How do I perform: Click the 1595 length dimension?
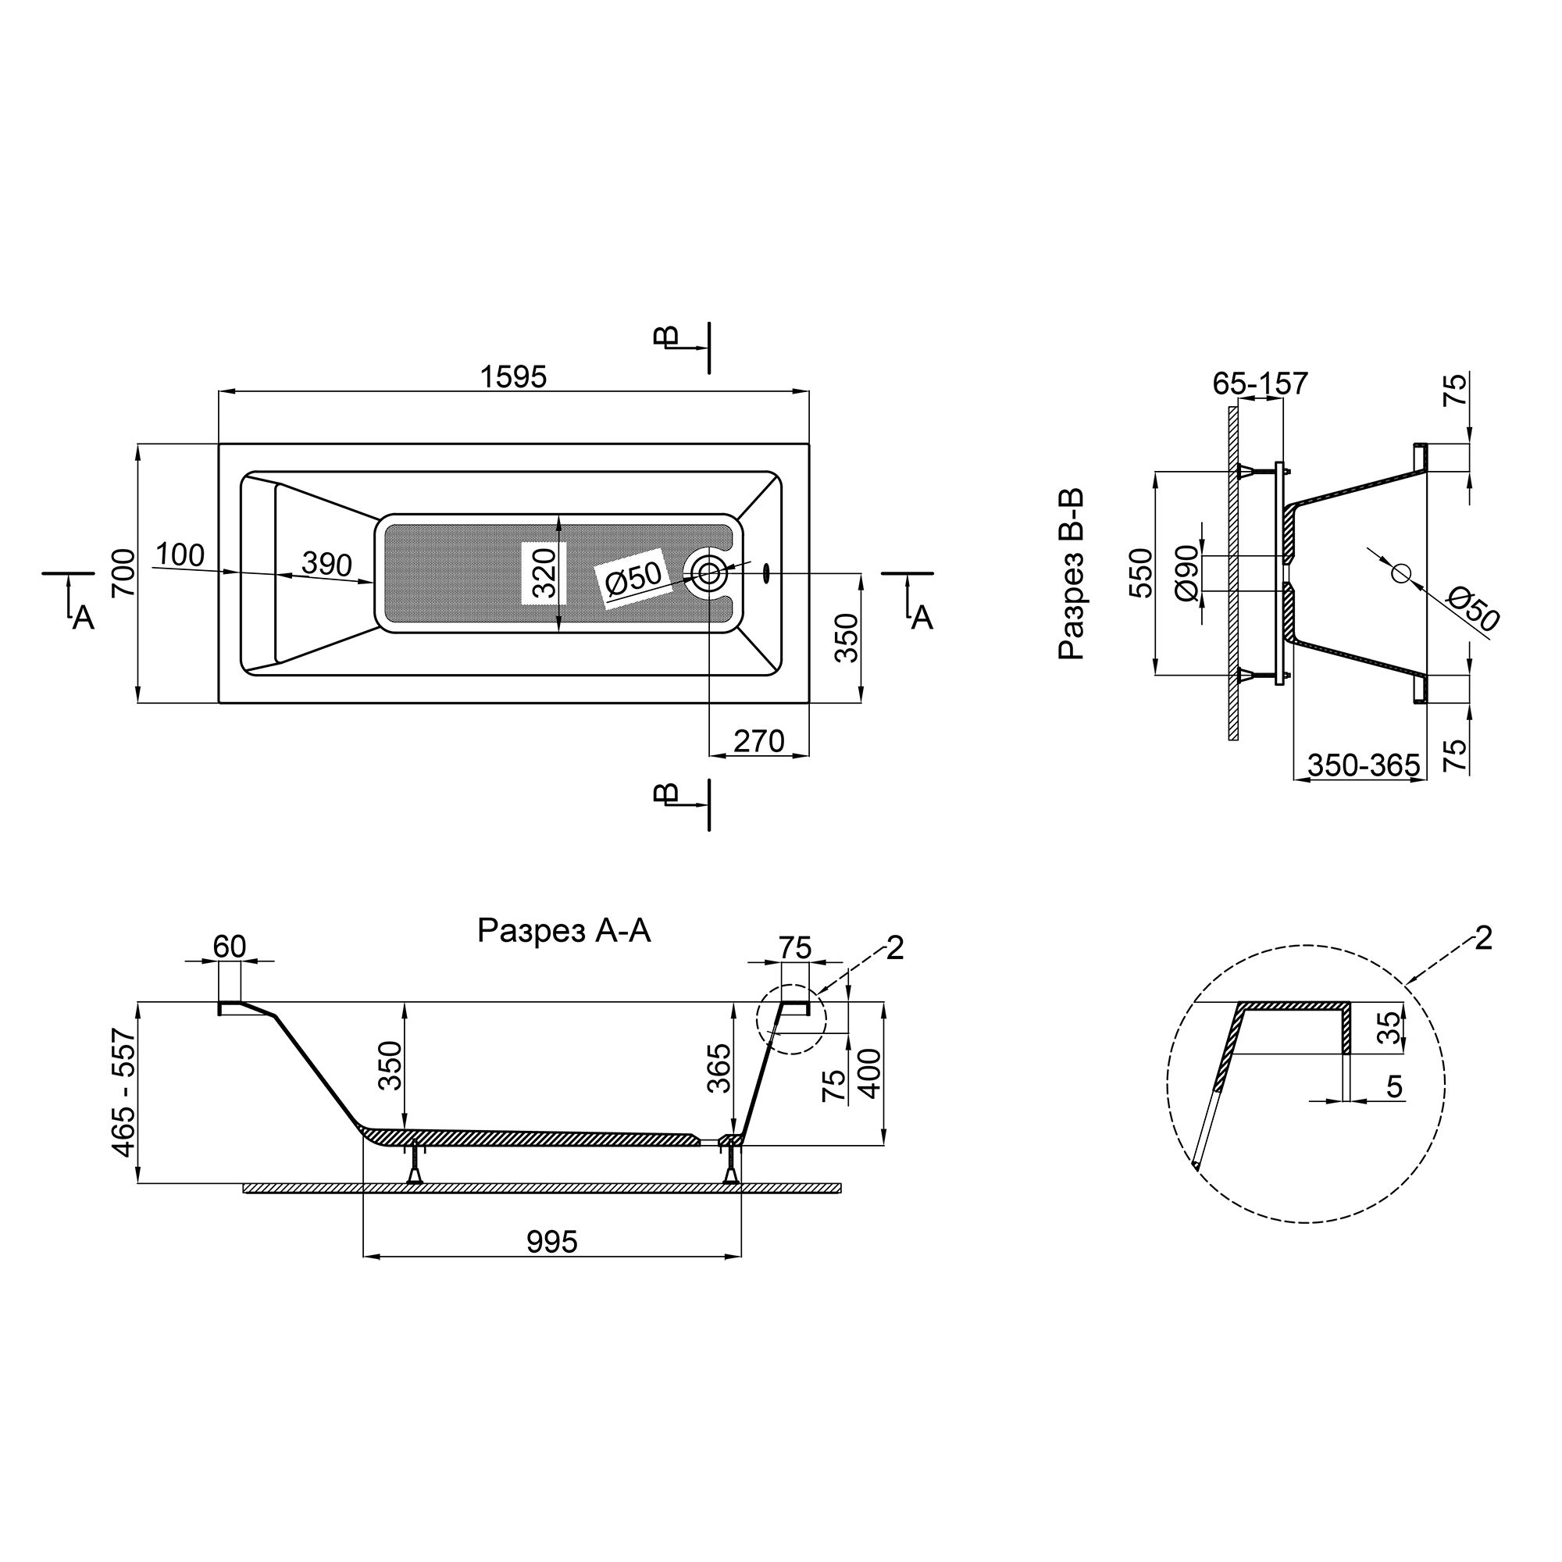[x=513, y=376]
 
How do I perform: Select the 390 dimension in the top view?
[x=326, y=564]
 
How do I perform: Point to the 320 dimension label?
[x=544, y=572]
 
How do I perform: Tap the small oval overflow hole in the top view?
[x=765, y=573]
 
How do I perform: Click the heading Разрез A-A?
[x=564, y=932]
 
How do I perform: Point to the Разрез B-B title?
[x=1072, y=574]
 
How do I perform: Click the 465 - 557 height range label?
[x=123, y=1093]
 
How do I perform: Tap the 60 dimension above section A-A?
[x=230, y=947]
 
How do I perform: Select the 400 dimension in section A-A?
[x=869, y=1073]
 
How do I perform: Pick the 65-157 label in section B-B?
[x=1260, y=383]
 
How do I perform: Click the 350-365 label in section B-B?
[x=1364, y=765]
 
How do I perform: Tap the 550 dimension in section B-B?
[x=1141, y=572]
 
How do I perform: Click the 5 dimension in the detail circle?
[x=1394, y=1087]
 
